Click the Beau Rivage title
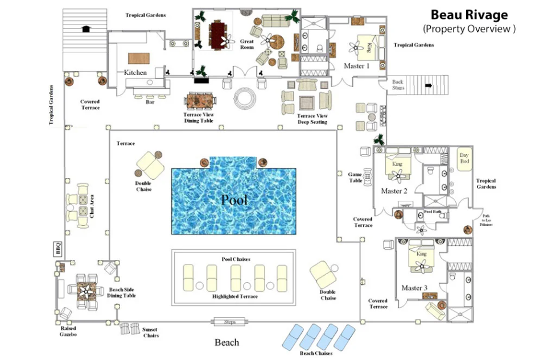pyautogui.click(x=469, y=15)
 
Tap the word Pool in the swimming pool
pyautogui.click(x=234, y=200)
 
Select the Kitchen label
pyautogui.click(x=135, y=73)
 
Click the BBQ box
pyautogui.click(x=57, y=249)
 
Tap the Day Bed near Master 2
pyautogui.click(x=464, y=160)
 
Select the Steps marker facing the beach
pyautogui.click(x=230, y=322)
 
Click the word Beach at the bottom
pyautogui.click(x=227, y=342)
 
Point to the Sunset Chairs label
pyautogui.click(x=150, y=333)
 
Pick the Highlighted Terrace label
pyautogui.click(x=235, y=296)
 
